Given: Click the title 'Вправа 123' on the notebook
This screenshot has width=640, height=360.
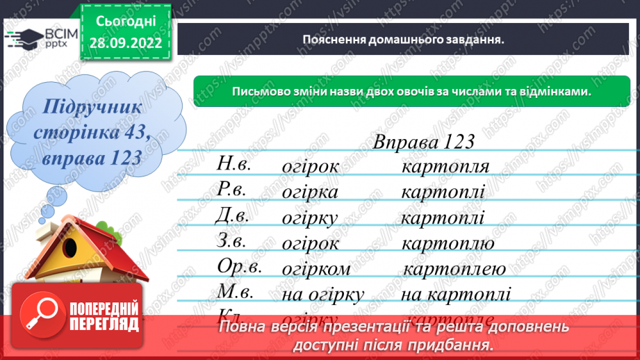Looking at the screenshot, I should [x=424, y=142].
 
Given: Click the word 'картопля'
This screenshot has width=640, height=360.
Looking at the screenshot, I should [x=445, y=167].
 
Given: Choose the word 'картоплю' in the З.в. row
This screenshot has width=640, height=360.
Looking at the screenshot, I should [x=448, y=243].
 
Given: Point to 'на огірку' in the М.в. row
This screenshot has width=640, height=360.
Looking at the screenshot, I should [x=323, y=295].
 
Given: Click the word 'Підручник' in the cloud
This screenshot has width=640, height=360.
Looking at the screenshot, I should [x=92, y=108].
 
